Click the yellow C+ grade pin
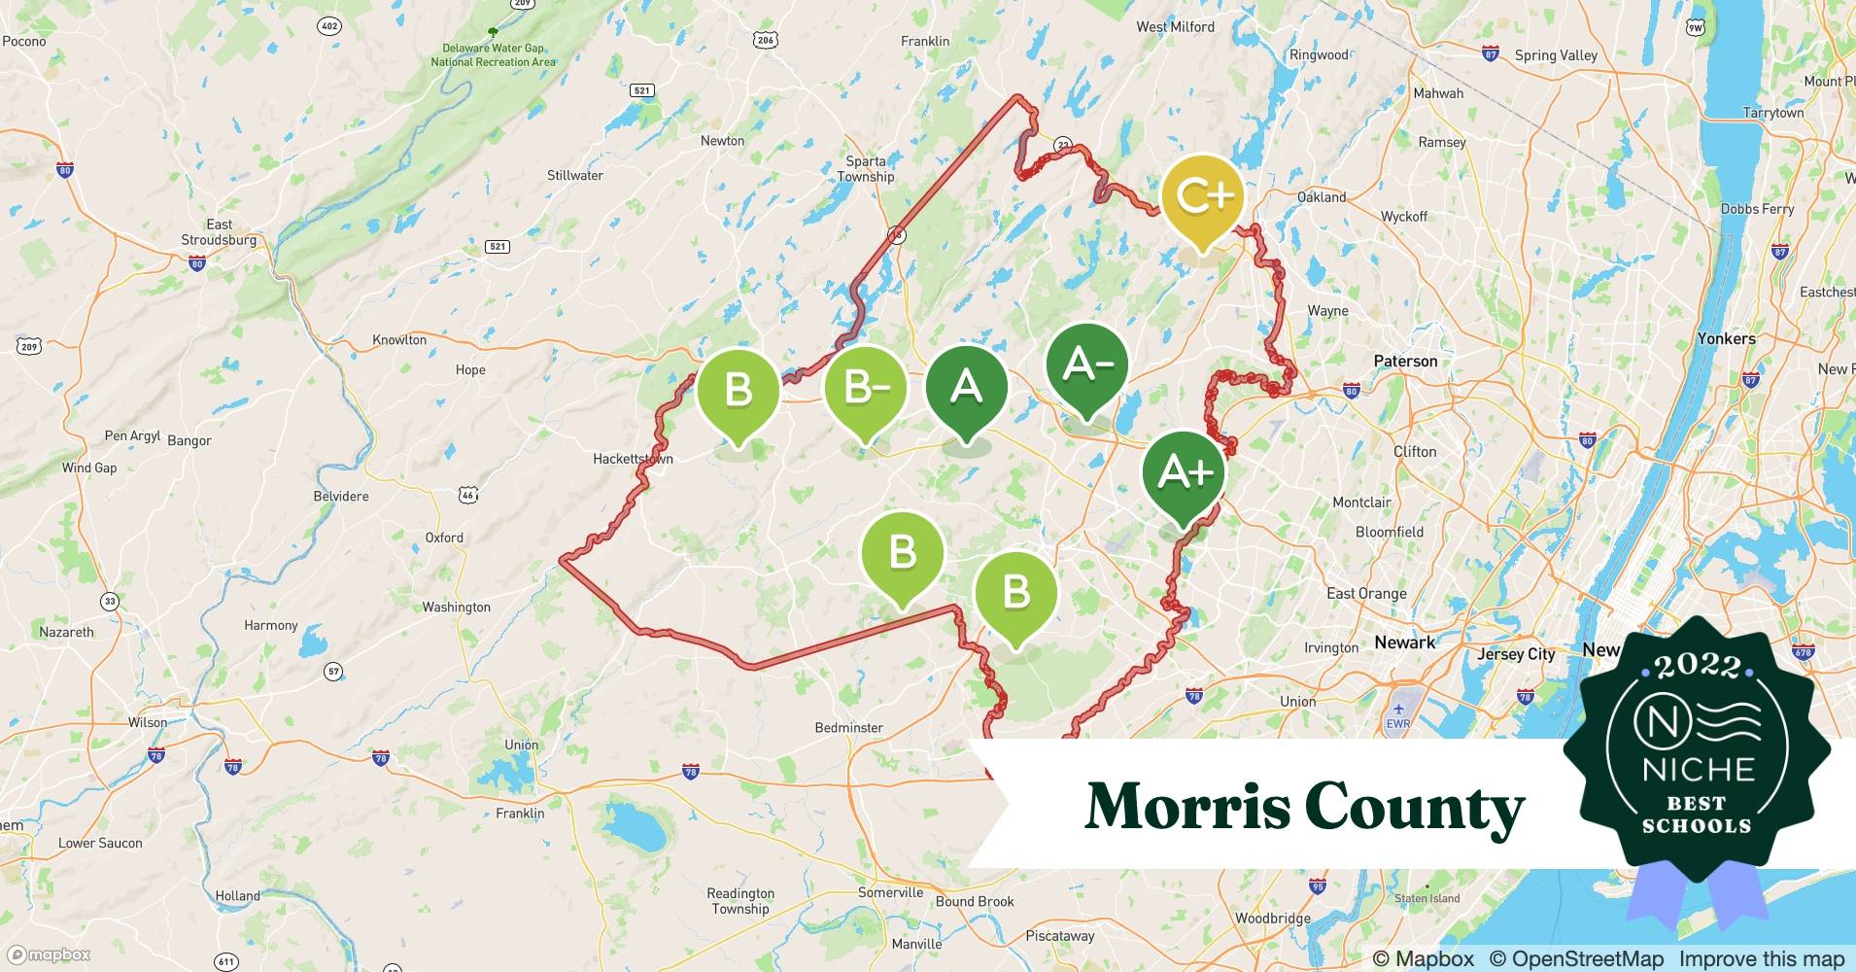[1203, 196]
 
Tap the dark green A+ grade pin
[1184, 473]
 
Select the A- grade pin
[1087, 365]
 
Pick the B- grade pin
[865, 388]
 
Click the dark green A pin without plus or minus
[966, 388]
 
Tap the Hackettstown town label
[633, 459]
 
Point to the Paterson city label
[1405, 362]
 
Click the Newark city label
[1404, 642]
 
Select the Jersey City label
[1516, 654]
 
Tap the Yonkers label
[1726, 339]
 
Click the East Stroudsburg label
[219, 232]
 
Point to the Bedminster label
[848, 728]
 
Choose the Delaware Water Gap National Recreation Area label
[494, 54]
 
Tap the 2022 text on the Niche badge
[1698, 666]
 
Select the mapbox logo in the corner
[50, 955]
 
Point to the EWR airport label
[1397, 723]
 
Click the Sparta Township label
[865, 169]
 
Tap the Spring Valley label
[1556, 56]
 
